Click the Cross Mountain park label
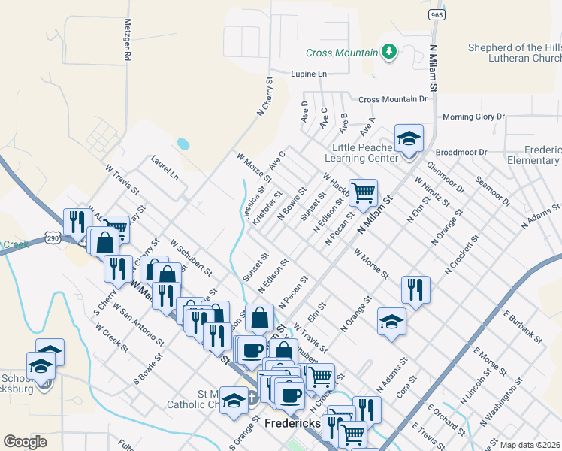341,53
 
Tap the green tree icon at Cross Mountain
388,51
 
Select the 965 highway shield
435,14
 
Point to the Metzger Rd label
128,40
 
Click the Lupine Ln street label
310,74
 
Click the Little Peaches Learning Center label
361,153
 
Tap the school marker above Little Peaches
409,139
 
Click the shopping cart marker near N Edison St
363,193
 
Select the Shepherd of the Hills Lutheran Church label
515,53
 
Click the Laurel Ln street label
165,167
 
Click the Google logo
25,442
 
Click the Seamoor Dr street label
493,192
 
